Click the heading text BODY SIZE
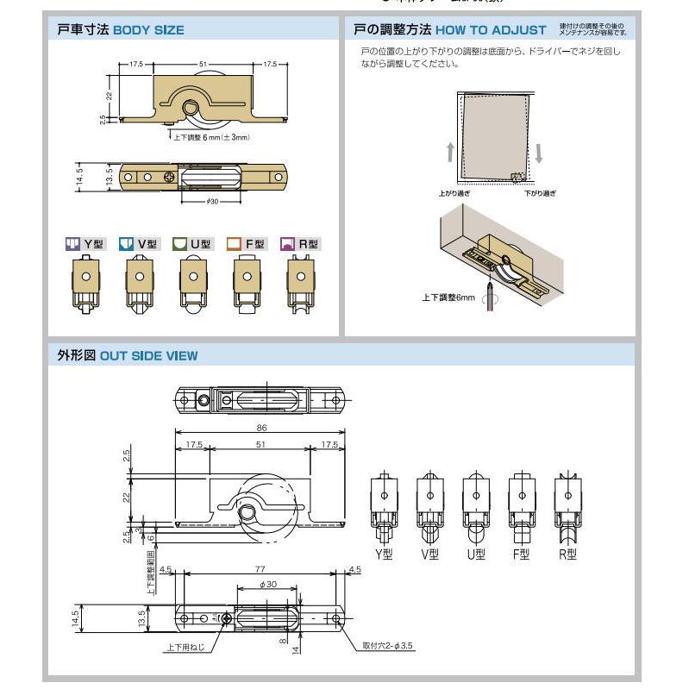pyautogui.click(x=149, y=30)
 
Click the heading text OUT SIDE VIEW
pyautogui.click(x=148, y=355)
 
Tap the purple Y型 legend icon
pyautogui.click(x=72, y=244)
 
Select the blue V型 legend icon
pyautogui.click(x=126, y=244)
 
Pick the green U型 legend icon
pyautogui.click(x=179, y=244)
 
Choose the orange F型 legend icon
pyautogui.click(x=234, y=244)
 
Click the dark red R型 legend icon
pyautogui.click(x=287, y=244)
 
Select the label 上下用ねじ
pyautogui.click(x=186, y=646)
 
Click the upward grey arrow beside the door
pyautogui.click(x=450, y=153)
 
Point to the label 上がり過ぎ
pyautogui.click(x=454, y=194)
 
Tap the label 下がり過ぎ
pyautogui.click(x=540, y=194)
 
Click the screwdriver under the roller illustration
pyautogui.click(x=492, y=296)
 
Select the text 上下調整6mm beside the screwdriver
pyautogui.click(x=448, y=298)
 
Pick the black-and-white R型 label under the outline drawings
pyautogui.click(x=567, y=554)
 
